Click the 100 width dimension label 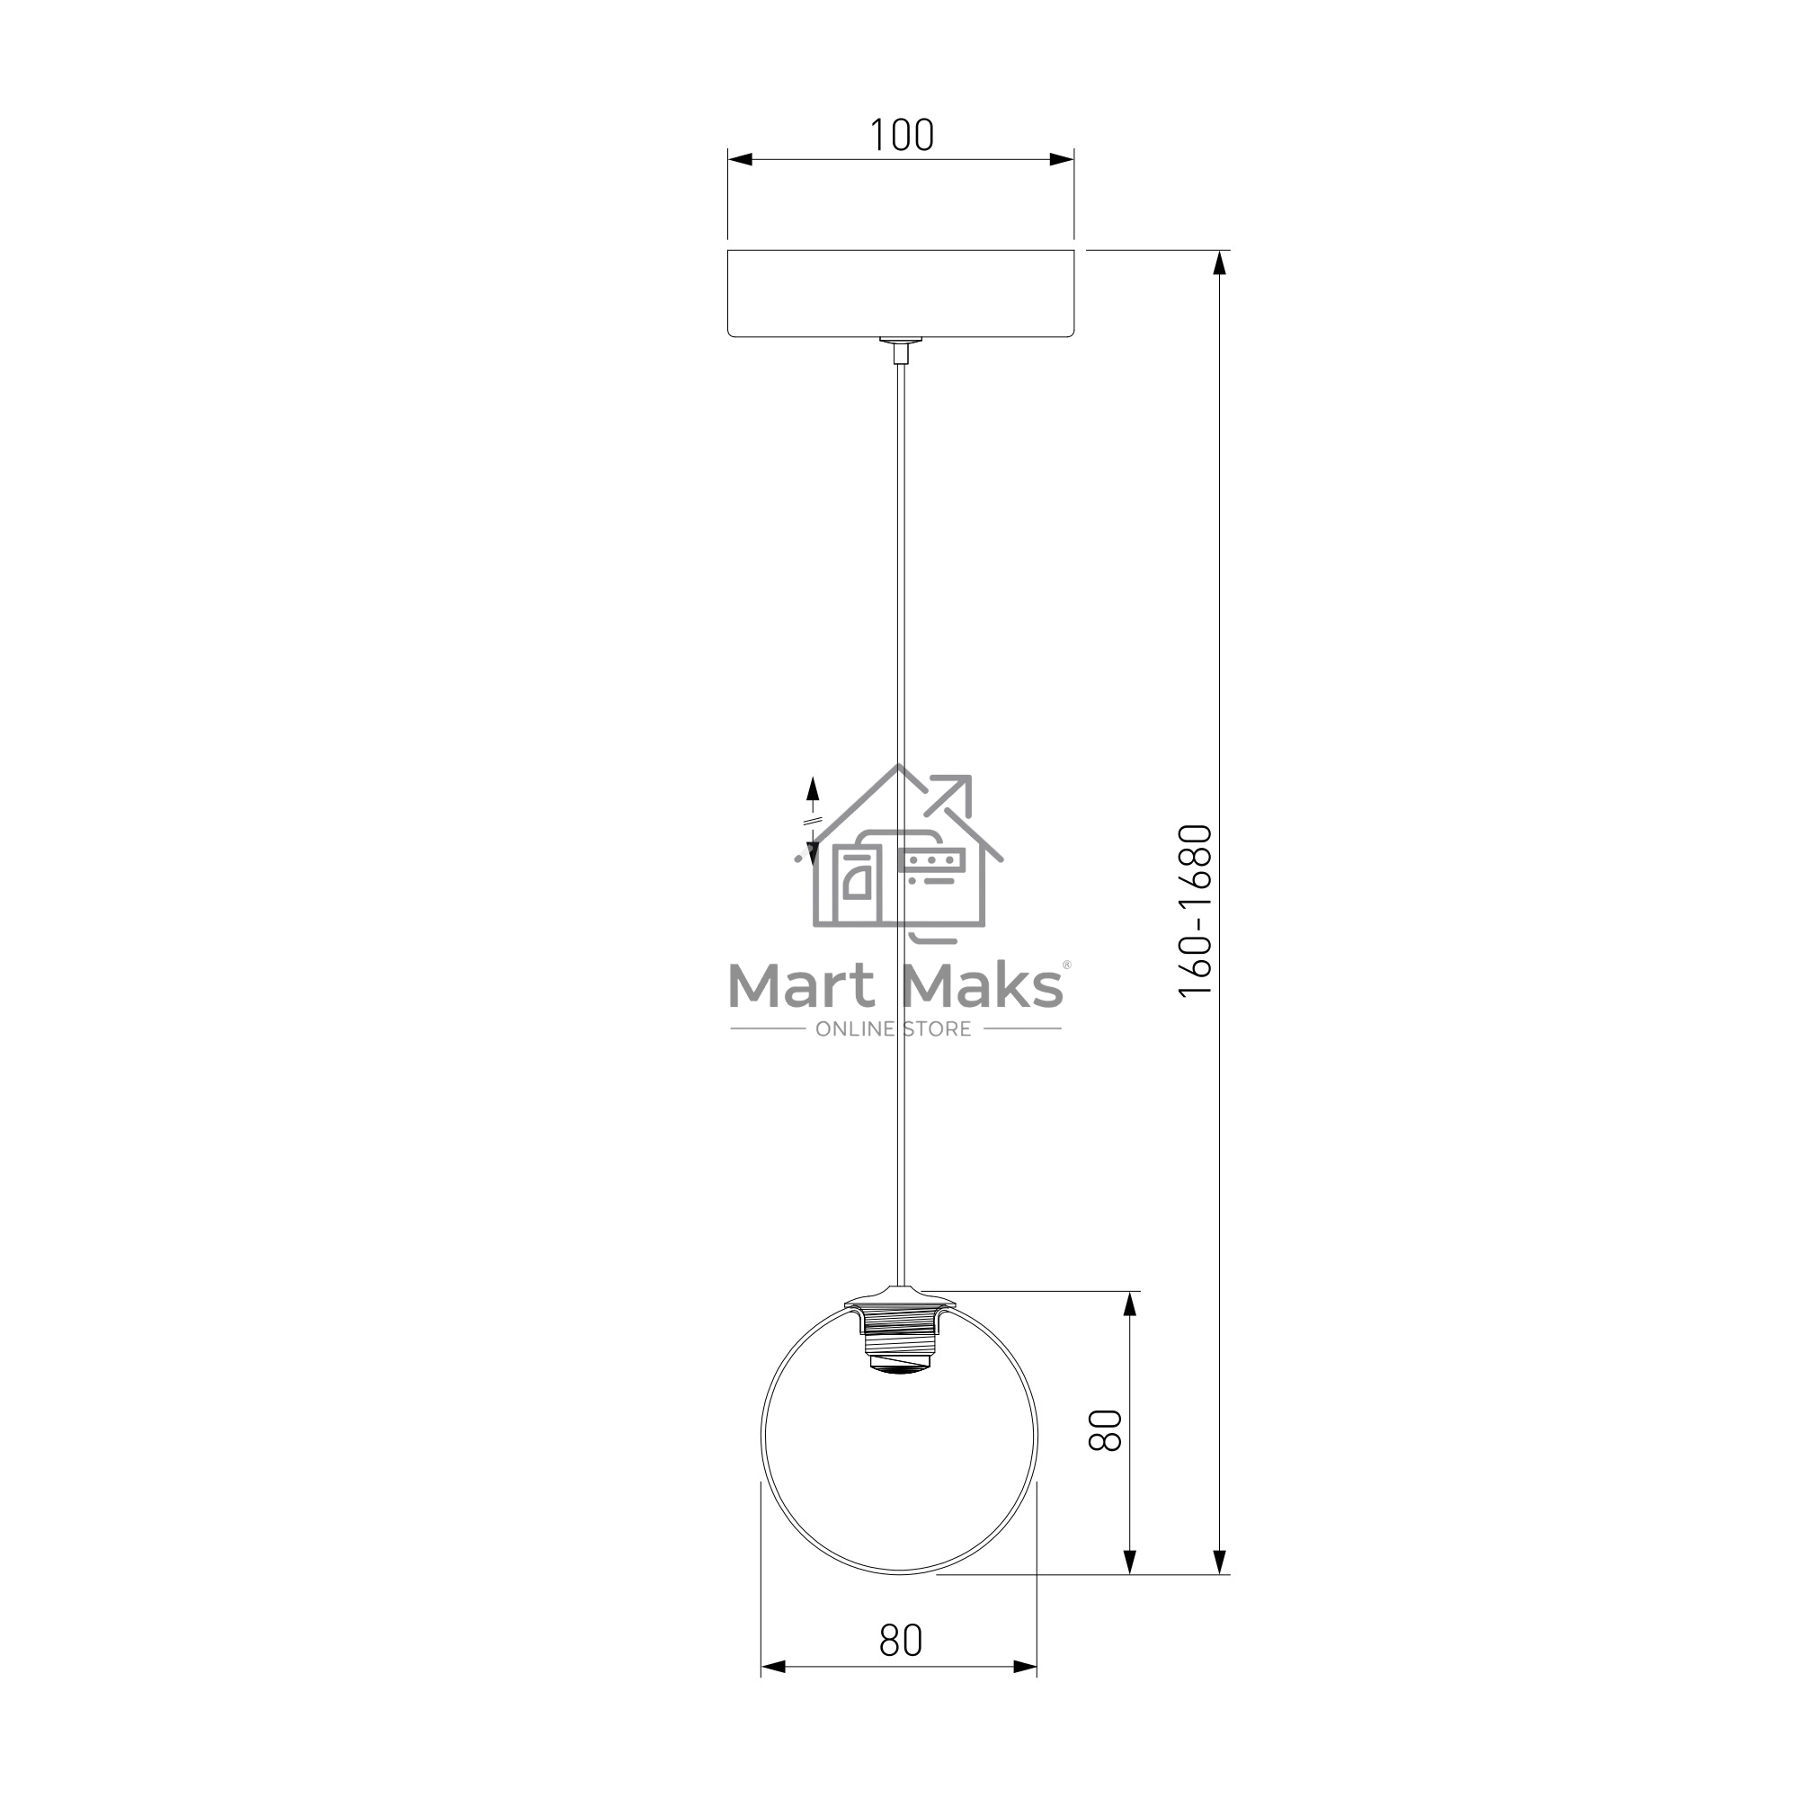pyautogui.click(x=901, y=135)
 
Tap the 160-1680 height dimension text pyautogui.click(x=1196, y=911)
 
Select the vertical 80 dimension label pyautogui.click(x=1106, y=1430)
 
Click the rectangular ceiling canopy pyautogui.click(x=901, y=292)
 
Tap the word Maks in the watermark pyautogui.click(x=982, y=986)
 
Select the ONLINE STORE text pyautogui.click(x=894, y=1029)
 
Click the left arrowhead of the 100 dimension pyautogui.click(x=740, y=159)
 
